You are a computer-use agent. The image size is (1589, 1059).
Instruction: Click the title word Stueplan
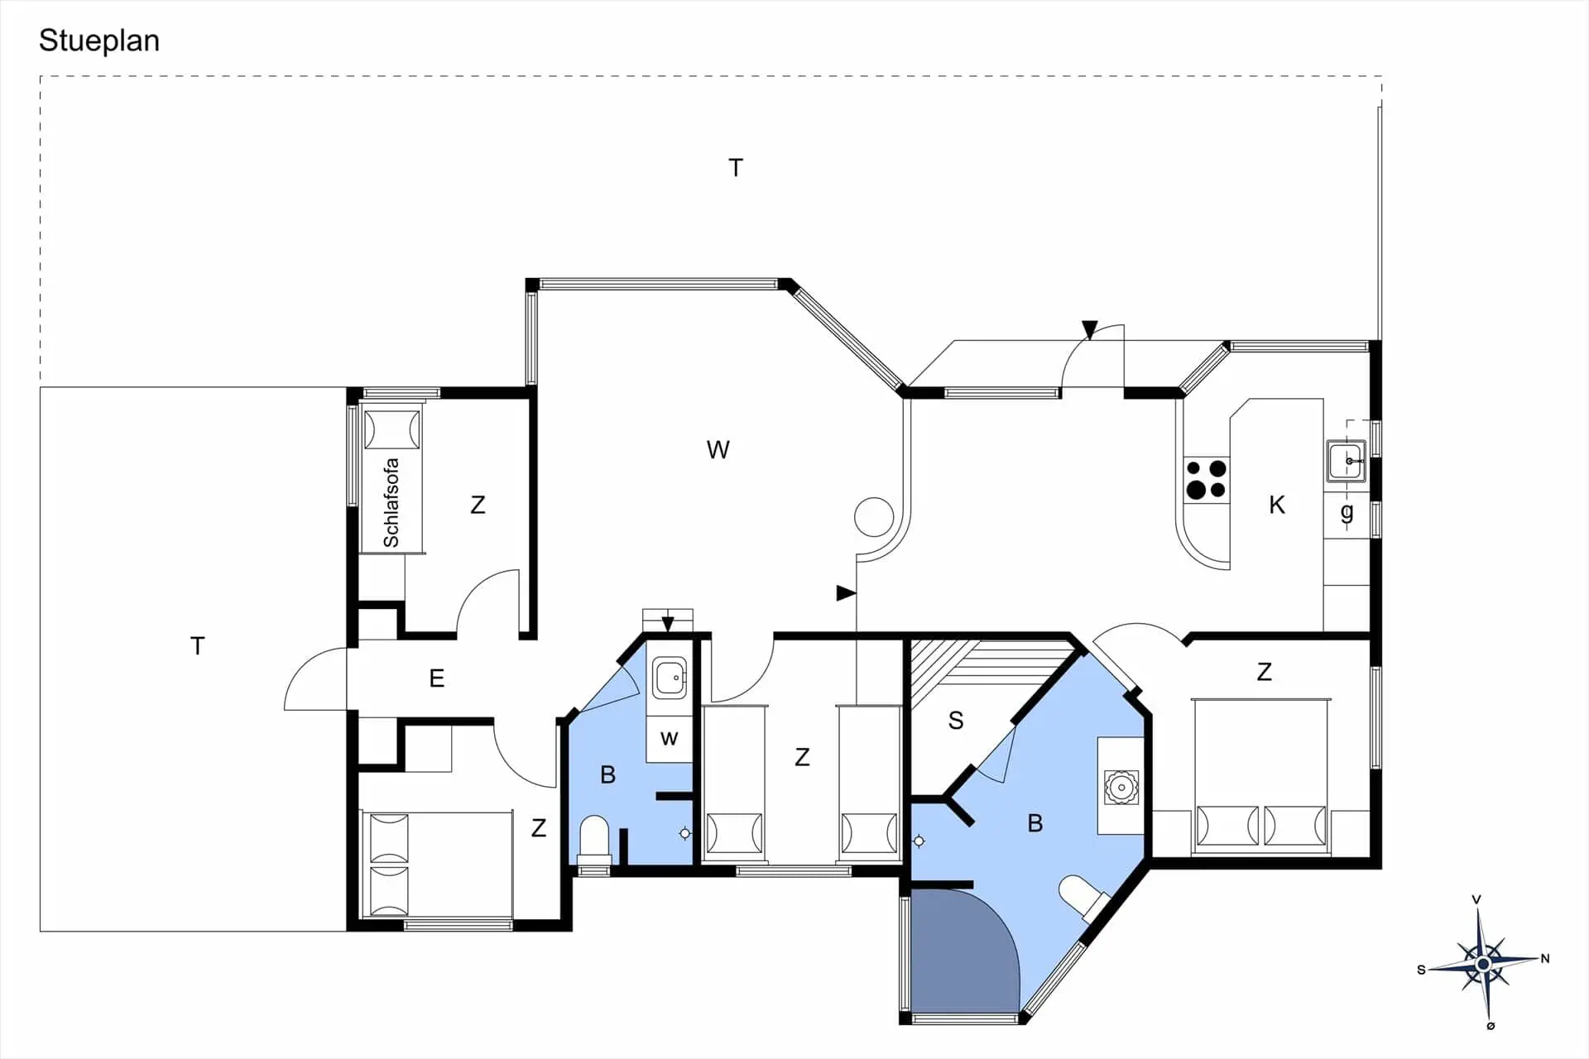coord(99,41)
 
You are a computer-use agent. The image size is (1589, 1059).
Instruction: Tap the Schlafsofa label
coord(391,502)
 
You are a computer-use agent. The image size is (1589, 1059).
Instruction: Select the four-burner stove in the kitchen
coord(1206,480)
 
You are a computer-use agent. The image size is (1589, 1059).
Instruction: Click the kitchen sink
coord(1347,461)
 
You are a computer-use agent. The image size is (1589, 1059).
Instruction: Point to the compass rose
coord(1483,964)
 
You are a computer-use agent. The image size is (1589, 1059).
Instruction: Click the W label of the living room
coord(718,450)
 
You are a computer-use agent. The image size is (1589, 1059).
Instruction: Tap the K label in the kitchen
coord(1277,505)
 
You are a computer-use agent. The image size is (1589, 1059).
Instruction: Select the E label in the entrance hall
coord(437,678)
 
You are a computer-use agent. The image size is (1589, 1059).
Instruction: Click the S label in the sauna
coord(956,721)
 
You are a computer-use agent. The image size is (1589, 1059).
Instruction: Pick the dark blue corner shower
coord(960,951)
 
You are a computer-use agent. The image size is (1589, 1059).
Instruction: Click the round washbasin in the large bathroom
coord(1121,787)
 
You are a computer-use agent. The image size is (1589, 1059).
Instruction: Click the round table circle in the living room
coord(874,517)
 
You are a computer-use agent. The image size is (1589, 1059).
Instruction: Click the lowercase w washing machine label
coord(669,738)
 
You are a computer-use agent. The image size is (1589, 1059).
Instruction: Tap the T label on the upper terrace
coord(736,168)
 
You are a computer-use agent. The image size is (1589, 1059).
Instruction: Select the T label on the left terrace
coord(197,646)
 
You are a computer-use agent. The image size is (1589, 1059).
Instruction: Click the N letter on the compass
coord(1544,959)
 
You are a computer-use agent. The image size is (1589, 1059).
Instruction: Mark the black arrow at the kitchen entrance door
coord(1090,330)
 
